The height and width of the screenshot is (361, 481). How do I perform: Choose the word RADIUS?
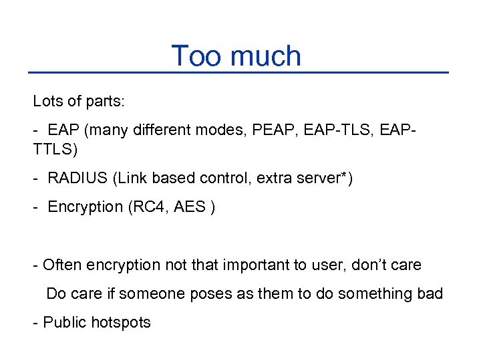(x=77, y=178)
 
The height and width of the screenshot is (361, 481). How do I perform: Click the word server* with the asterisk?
(x=323, y=178)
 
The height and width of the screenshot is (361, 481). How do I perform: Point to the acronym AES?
(x=189, y=207)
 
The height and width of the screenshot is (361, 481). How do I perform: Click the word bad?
(x=430, y=294)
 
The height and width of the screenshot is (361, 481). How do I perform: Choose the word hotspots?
(x=121, y=323)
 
